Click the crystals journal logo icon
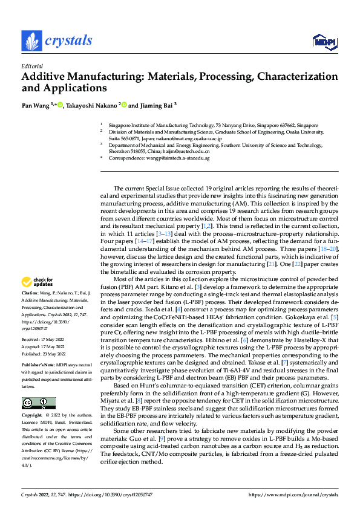31,41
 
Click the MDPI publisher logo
321,41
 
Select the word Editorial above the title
31,66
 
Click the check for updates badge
38,282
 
